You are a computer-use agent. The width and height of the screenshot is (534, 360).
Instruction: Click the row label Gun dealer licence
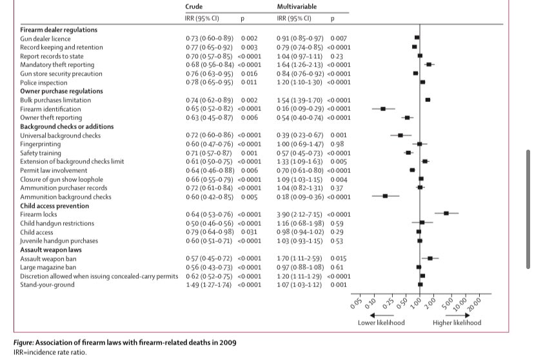coord(46,39)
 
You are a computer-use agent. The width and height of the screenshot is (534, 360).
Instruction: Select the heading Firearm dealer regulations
coord(59,30)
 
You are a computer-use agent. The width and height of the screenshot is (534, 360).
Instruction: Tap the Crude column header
coord(194,6)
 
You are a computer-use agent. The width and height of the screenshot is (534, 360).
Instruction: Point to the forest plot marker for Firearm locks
coord(446,213)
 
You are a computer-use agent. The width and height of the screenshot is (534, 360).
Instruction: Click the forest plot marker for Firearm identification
coord(383,109)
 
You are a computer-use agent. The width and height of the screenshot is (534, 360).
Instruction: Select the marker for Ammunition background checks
coord(385,195)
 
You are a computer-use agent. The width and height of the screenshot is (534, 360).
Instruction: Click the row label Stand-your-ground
coord(46,284)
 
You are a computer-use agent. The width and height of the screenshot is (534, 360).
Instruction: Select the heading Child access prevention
coord(55,205)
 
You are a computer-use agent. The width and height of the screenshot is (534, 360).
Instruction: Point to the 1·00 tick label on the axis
coord(417,301)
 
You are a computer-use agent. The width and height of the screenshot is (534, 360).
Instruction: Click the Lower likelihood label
coord(381,323)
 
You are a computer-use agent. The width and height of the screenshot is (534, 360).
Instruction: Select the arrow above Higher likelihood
coord(457,314)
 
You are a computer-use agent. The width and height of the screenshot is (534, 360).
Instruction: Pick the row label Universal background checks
coord(60,135)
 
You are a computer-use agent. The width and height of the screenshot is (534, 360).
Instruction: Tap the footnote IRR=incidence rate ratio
coord(50,352)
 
